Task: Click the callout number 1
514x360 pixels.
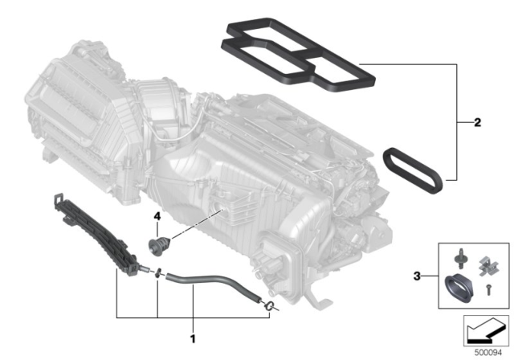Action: pos(193,338)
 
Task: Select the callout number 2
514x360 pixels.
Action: pos(477,123)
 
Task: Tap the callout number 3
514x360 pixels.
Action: pos(417,276)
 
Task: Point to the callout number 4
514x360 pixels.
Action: pos(157,216)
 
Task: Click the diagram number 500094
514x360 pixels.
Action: pos(488,353)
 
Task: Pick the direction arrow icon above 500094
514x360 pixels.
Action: pos(486,331)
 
